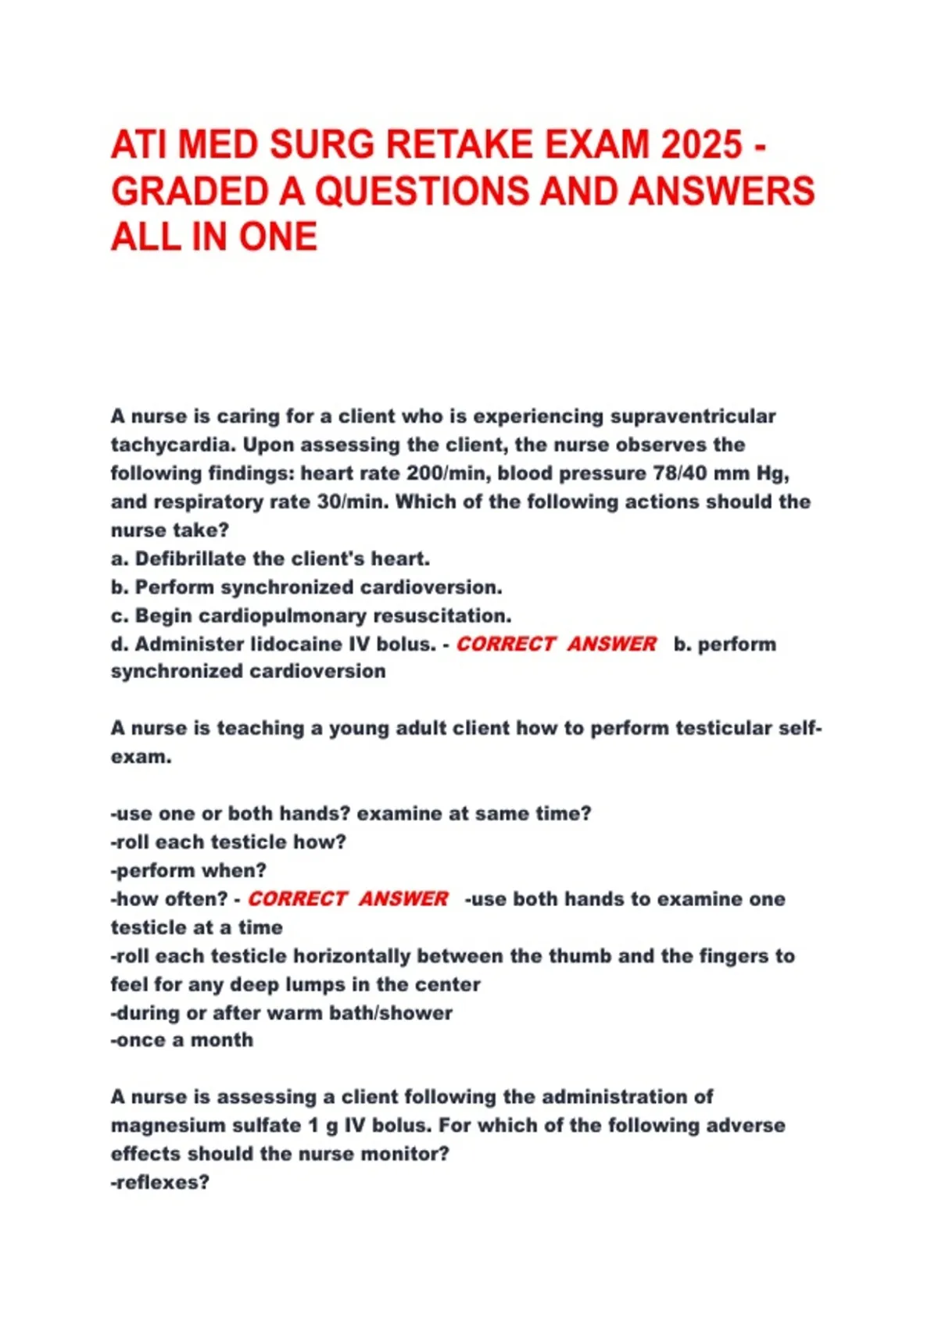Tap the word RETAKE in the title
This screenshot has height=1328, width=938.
coord(459,145)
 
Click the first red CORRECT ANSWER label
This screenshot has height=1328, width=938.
coord(556,644)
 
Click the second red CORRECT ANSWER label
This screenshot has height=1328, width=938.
coord(348,898)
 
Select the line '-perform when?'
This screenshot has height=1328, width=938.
coord(188,870)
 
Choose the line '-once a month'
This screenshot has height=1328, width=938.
coord(182,1040)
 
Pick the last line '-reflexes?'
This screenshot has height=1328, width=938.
coord(160,1182)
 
